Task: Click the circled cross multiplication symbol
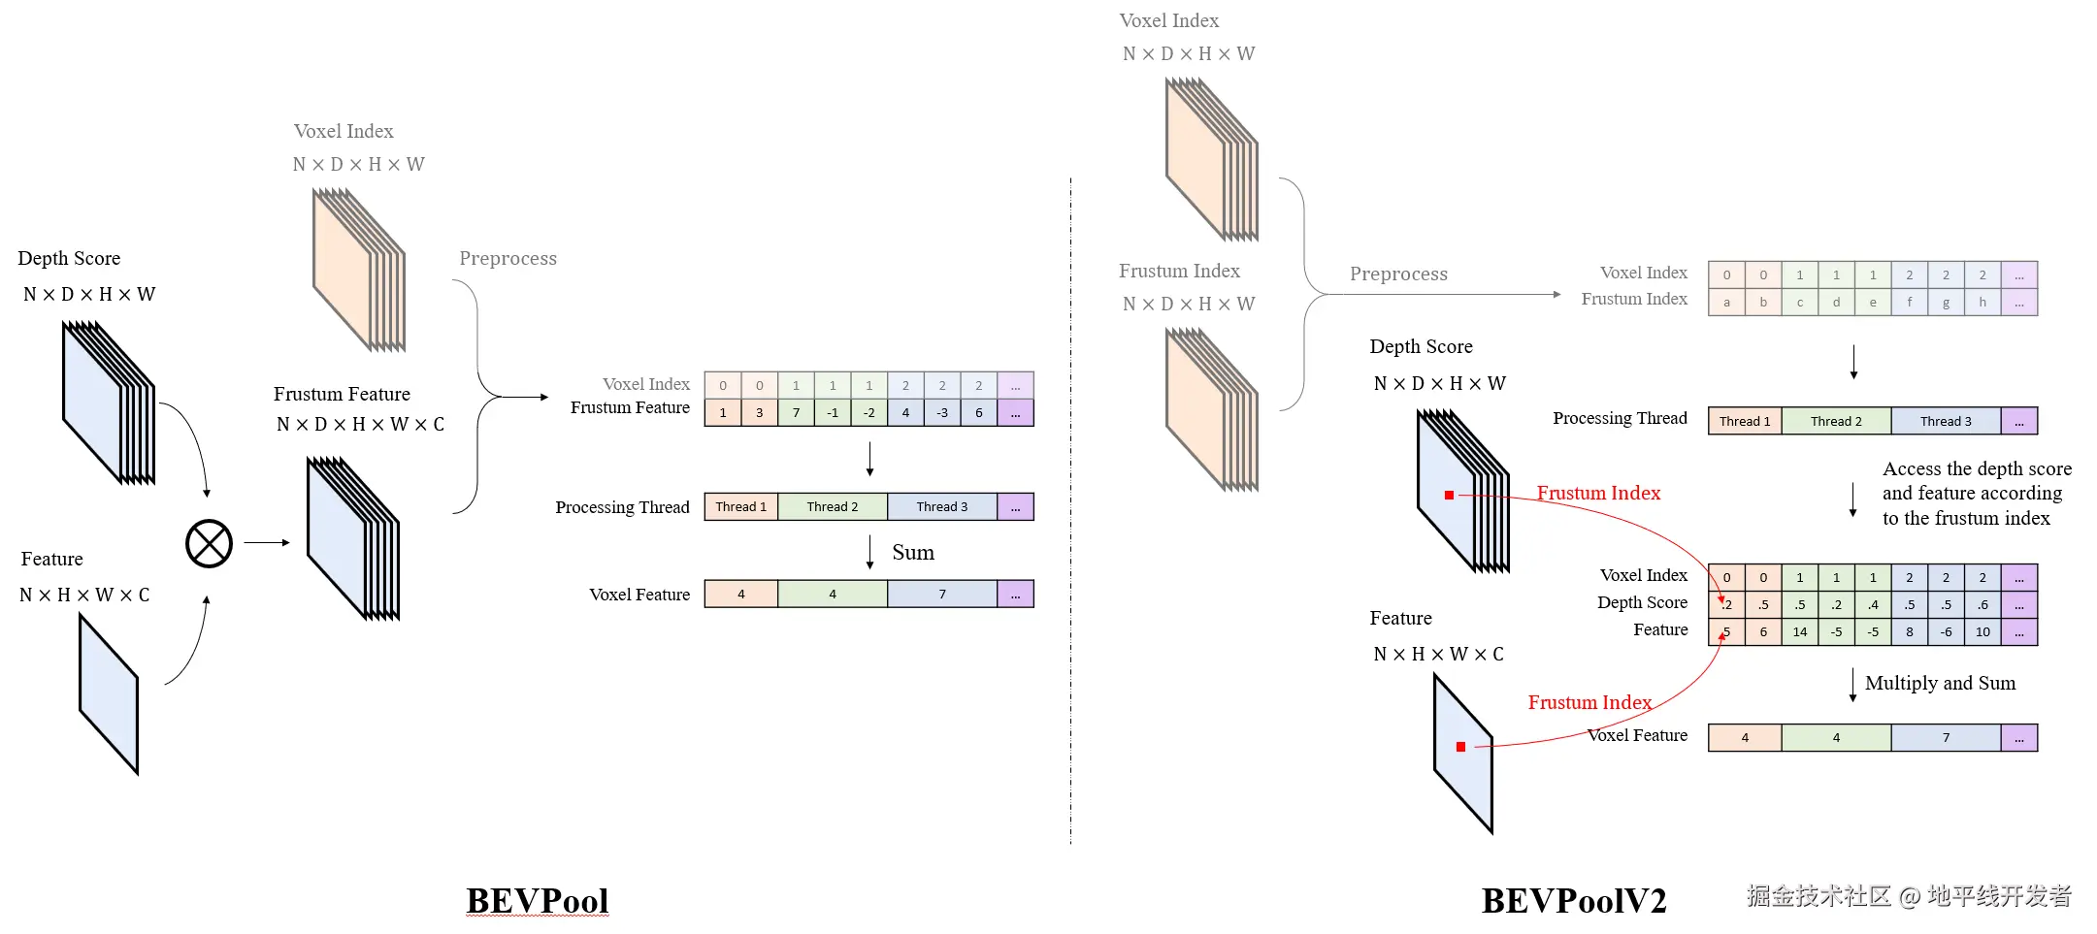pos(209,543)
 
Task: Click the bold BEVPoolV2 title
pos(1574,901)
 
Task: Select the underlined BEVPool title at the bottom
pos(538,901)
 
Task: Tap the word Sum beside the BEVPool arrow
pos(913,553)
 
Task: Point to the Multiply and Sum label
pos(1940,683)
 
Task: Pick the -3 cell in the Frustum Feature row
pos(942,413)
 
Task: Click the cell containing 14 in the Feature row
pos(1800,632)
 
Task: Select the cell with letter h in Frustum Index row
pos(1982,303)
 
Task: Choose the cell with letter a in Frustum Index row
pos(1726,303)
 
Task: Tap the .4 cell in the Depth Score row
pos(1873,605)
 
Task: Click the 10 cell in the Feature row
pos(1982,632)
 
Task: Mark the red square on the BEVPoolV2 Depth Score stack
pos(1449,495)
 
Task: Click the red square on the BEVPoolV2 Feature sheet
pos(1460,747)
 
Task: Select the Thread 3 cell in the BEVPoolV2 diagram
pos(1946,421)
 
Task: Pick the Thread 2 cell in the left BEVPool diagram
pos(833,506)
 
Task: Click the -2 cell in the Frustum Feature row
pos(869,413)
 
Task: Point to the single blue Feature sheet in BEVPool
pos(109,694)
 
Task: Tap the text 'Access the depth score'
pos(1977,468)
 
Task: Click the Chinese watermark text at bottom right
pos(1909,895)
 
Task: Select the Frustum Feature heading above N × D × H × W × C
pos(342,394)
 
